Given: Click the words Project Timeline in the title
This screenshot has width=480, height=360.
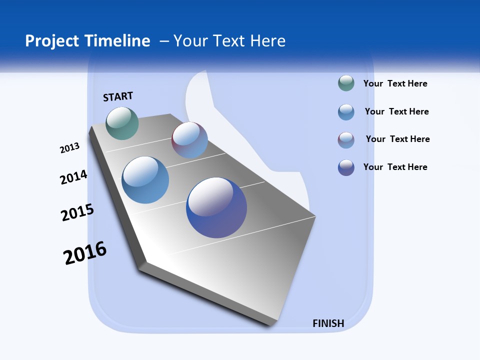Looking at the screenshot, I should (87, 41).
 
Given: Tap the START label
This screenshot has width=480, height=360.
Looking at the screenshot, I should (118, 96).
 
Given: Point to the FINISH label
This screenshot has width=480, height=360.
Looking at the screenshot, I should (328, 323).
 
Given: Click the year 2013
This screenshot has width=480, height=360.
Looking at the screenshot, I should (69, 148).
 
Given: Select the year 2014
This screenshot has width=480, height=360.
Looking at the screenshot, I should (73, 177).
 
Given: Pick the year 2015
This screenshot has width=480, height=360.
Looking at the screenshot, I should (77, 212).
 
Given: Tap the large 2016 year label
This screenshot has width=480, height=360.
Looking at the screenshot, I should (85, 253).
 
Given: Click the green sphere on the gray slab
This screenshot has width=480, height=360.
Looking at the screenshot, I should (122, 123).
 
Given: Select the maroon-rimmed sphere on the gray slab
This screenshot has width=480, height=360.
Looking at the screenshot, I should (189, 140).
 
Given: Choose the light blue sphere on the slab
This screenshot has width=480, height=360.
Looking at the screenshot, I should (145, 180).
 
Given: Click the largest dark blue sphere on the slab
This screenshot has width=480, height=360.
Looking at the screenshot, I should (216, 207).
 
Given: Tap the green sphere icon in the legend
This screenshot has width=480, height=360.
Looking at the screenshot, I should (346, 83).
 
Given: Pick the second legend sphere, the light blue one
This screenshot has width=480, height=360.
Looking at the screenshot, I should (346, 112).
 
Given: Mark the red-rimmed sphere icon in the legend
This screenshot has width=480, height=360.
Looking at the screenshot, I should (346, 140).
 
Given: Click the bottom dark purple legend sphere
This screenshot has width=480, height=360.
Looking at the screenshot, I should (346, 167).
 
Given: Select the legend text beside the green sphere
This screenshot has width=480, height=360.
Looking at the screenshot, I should (395, 83).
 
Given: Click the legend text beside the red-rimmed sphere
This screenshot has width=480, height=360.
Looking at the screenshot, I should (397, 139).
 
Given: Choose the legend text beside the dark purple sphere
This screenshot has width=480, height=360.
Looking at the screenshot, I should (395, 167).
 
